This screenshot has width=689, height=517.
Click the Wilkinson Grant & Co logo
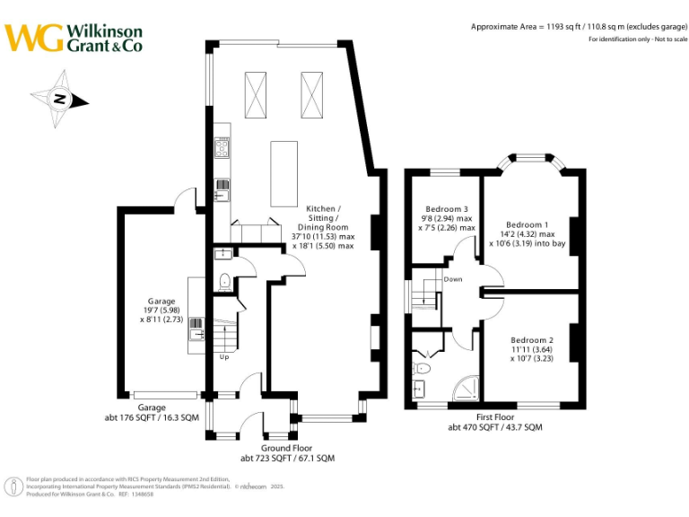74,37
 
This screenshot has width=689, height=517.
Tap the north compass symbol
59,100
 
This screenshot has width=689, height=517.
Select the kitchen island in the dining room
283,172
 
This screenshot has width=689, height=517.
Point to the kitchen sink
221,190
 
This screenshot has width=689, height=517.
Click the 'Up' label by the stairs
224,356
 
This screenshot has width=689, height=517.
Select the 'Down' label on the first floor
453,279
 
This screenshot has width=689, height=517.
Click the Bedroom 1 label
527,224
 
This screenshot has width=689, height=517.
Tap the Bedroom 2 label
532,340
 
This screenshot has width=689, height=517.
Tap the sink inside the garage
196,335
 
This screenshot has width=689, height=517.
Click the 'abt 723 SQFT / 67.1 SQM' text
287,458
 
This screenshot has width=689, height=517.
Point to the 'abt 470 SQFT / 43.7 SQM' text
495,427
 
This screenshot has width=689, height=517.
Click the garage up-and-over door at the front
165,394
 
